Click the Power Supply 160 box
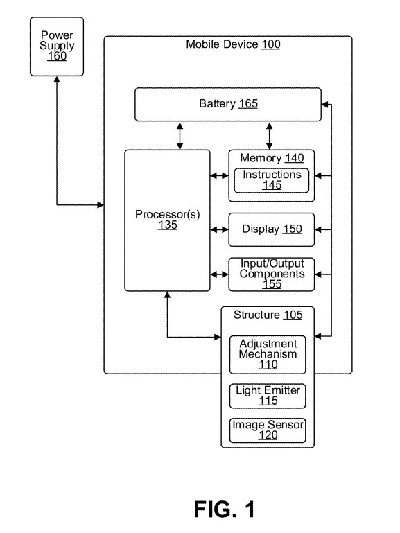[x=57, y=46]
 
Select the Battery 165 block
[x=227, y=105]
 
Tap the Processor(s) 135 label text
[x=168, y=220]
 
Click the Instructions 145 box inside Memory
[x=272, y=180]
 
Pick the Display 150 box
[x=272, y=230]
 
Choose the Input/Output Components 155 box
[x=272, y=274]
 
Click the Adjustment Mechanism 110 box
[x=268, y=355]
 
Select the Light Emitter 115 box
[x=268, y=396]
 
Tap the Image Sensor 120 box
[x=268, y=430]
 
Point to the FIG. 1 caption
[x=225, y=509]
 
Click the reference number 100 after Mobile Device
[x=270, y=44]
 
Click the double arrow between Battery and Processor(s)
[x=180, y=136]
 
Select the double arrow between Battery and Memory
[x=269, y=136]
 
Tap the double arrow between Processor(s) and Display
[x=219, y=230]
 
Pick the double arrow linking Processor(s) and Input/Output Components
[x=219, y=274]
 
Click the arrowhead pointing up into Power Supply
[x=57, y=80]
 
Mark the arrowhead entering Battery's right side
[x=324, y=105]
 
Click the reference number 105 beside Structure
[x=293, y=315]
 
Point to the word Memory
[x=261, y=158]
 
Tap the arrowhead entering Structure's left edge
[x=218, y=337]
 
